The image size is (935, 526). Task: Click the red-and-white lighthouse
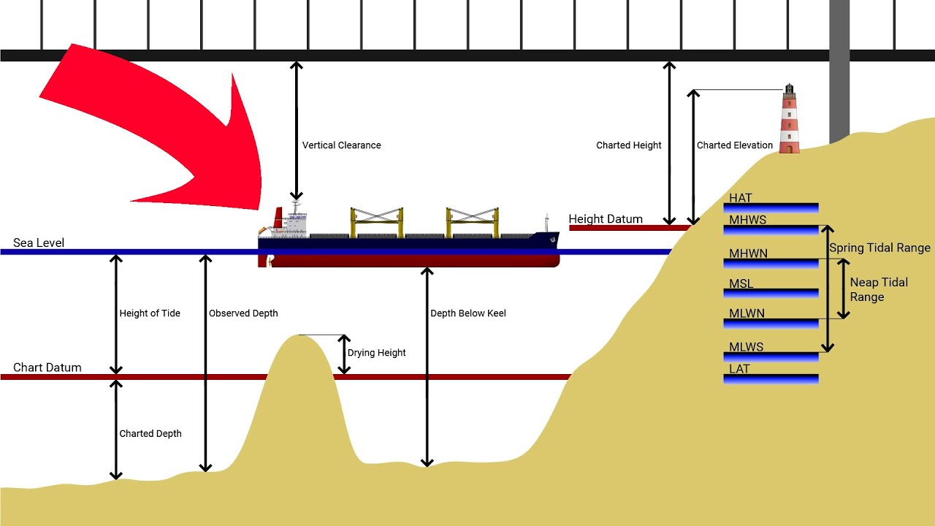click(x=789, y=121)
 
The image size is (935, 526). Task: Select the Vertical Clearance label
click(x=341, y=145)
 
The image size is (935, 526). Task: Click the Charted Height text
click(x=628, y=145)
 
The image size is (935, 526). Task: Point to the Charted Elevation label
click(x=734, y=145)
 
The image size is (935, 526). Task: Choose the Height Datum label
click(x=606, y=218)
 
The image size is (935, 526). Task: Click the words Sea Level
click(x=39, y=243)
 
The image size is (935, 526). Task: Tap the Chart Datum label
click(x=47, y=367)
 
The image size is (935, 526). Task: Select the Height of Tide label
click(x=150, y=313)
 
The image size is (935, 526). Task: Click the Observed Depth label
click(x=243, y=313)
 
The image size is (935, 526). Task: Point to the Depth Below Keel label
click(x=467, y=313)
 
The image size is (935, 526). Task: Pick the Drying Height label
click(x=376, y=353)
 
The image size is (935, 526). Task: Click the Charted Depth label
click(x=150, y=434)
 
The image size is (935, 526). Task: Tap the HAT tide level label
click(x=740, y=198)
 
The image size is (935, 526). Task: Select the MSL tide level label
click(x=741, y=283)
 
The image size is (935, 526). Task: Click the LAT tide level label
click(x=739, y=369)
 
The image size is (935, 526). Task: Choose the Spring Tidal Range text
click(x=879, y=248)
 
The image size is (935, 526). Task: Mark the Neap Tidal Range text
click(x=879, y=289)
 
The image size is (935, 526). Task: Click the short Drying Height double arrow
click(x=344, y=354)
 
